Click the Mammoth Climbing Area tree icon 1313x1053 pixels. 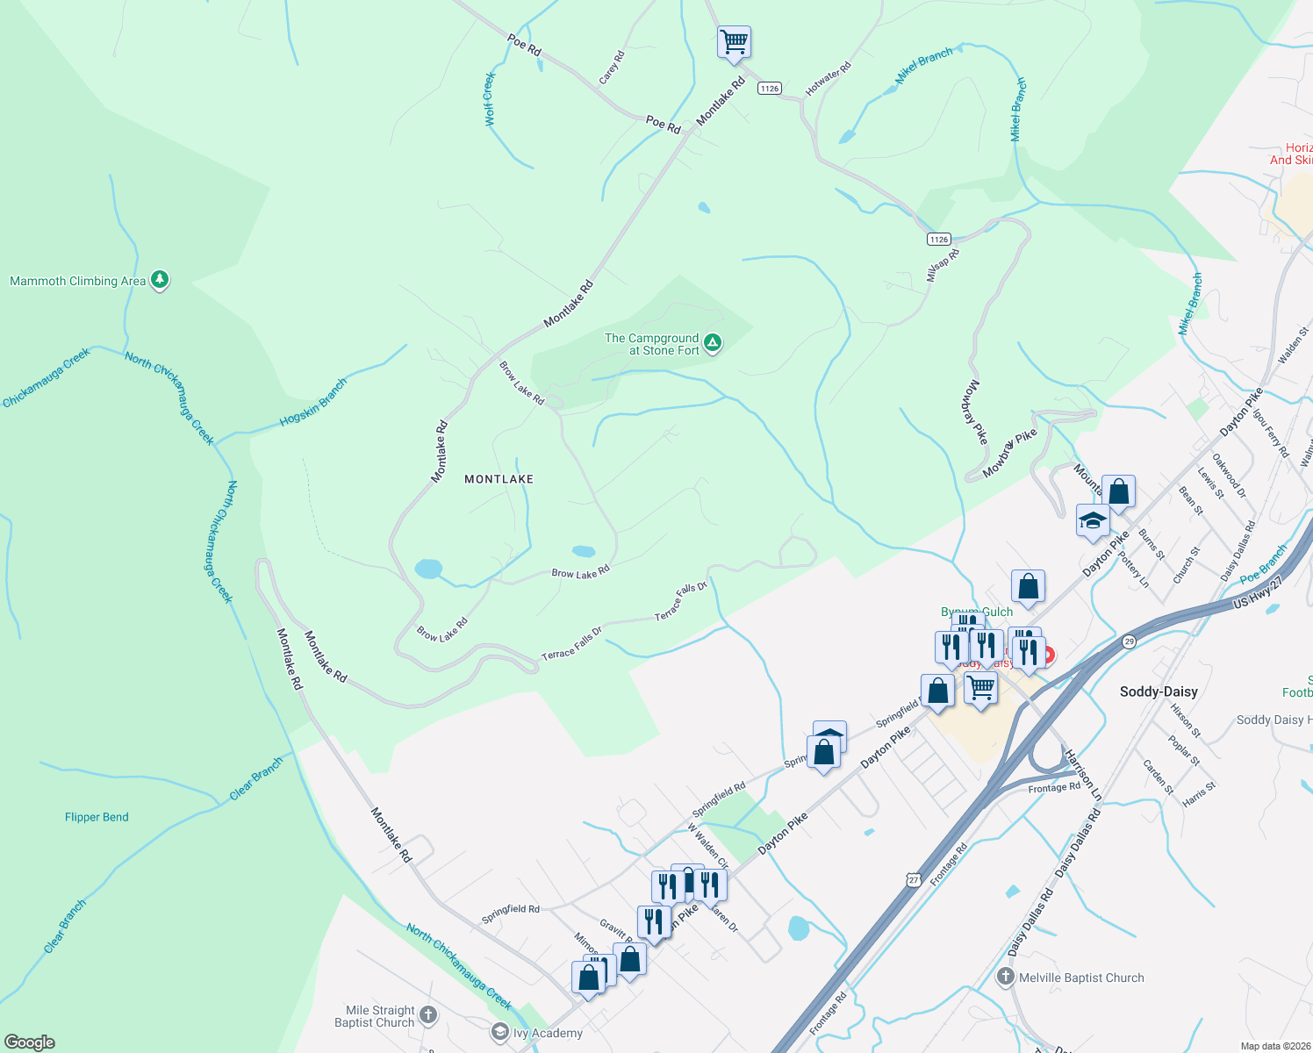(159, 280)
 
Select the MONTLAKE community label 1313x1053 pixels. (499, 479)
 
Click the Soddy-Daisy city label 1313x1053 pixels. (1159, 691)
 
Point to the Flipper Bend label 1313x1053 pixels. (97, 817)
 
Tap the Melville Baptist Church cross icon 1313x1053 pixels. (1006, 977)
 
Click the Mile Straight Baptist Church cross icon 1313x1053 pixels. (427, 1015)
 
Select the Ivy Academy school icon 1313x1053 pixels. (500, 1032)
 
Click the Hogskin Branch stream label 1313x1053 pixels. (313, 403)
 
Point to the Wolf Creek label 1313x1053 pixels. (490, 99)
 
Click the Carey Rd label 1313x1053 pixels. (612, 68)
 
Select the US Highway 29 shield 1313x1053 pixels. (1129, 642)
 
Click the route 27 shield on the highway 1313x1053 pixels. (914, 879)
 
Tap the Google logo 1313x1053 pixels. (29, 1042)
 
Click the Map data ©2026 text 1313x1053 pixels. (1272, 1046)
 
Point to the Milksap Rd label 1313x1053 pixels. (943, 266)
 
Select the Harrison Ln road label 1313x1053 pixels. (1082, 773)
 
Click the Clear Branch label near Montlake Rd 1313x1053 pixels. (256, 778)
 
